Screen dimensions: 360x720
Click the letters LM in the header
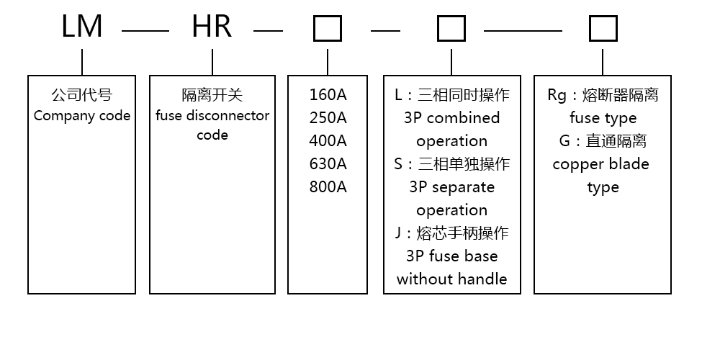pos(82,27)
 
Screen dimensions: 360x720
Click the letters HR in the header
pos(212,27)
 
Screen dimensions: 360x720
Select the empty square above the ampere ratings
pos(328,30)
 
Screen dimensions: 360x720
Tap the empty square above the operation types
pos(451,30)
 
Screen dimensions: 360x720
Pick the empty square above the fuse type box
pos(603,30)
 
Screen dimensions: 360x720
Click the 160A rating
pos(328,95)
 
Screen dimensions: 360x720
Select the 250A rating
pos(328,118)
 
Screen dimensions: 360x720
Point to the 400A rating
pos(328,141)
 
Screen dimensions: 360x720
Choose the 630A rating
pos(328,164)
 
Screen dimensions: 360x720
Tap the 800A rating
pos(328,187)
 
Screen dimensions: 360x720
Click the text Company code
pos(82,115)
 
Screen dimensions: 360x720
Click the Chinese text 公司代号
pos(82,95)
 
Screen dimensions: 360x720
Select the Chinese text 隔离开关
pos(212,95)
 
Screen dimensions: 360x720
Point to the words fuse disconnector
pos(212,115)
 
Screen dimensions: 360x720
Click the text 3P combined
pos(451,118)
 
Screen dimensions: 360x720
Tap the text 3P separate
pos(451,187)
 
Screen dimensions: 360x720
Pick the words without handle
pos(451,279)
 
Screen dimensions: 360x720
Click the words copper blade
pos(600,164)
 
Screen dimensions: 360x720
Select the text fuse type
pos(603,118)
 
